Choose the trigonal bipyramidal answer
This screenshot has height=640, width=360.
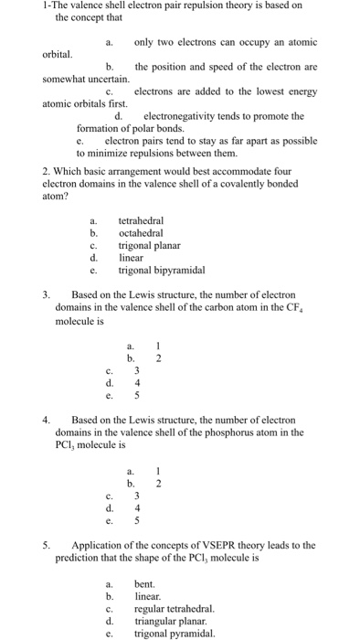(x=162, y=270)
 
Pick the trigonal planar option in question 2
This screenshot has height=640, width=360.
(x=149, y=245)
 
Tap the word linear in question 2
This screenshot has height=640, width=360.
(x=132, y=258)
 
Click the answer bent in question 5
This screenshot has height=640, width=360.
(x=144, y=583)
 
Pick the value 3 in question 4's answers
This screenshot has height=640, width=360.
(x=136, y=495)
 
